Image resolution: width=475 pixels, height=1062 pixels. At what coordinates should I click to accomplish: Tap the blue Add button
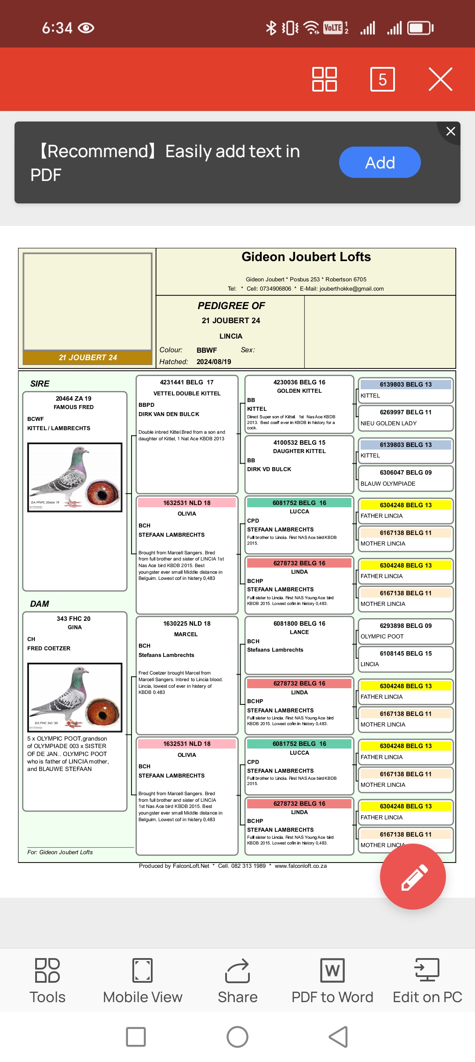380,162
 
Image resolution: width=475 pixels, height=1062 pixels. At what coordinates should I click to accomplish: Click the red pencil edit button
413,877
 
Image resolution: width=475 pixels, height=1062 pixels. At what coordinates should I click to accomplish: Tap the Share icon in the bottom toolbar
237,981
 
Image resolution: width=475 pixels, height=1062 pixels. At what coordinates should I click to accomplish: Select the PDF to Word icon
332,981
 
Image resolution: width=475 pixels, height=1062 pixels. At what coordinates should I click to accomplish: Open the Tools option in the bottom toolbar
47,981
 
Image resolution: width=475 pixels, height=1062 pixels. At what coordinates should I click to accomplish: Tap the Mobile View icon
142,981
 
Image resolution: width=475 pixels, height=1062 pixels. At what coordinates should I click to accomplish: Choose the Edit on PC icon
427,981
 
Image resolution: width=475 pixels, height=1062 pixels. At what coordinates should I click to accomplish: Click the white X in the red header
440,79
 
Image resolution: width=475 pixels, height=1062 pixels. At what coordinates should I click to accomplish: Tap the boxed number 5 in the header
382,79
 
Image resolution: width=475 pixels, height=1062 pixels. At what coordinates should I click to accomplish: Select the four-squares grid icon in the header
325,79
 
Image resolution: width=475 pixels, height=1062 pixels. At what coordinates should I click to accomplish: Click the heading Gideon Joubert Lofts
306,257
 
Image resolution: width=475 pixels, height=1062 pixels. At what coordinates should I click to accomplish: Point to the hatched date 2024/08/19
214,361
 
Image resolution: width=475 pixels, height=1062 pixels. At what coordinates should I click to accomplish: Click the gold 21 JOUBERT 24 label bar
88,358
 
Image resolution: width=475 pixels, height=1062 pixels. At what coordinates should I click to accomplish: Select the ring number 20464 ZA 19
73,398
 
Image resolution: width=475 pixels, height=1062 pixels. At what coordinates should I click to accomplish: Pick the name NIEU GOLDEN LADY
388,423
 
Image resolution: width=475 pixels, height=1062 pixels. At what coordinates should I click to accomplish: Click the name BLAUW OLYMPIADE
387,483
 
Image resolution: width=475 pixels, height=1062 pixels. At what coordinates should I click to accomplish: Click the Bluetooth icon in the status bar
271,28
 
